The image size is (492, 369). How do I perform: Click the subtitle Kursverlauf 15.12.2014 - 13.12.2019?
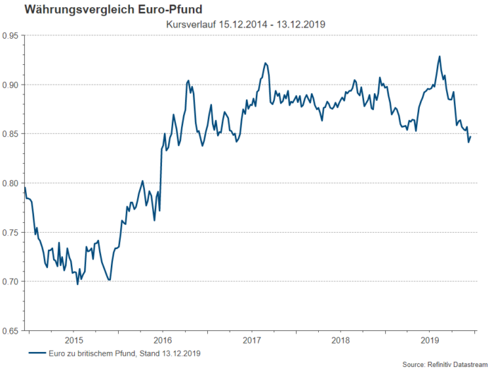(245, 25)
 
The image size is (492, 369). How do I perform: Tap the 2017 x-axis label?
(252, 339)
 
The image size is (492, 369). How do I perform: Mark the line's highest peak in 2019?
(440, 56)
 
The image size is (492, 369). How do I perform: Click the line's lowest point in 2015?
(78, 284)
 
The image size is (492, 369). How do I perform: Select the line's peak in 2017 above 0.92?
(265, 63)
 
